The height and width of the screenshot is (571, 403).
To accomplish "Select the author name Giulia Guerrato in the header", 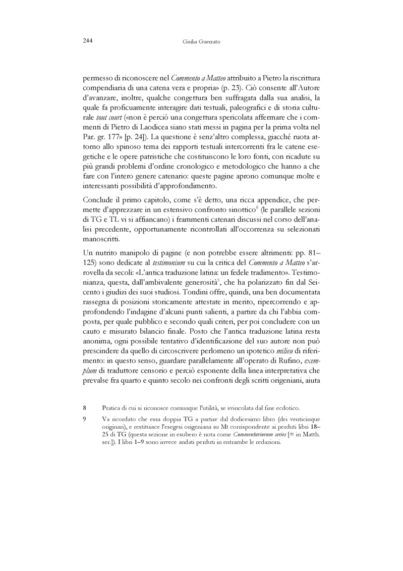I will pos(202,41).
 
